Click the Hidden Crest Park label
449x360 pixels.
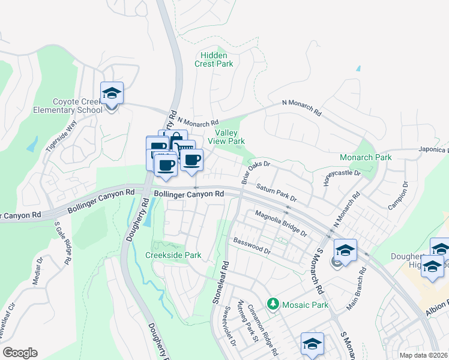click(214, 58)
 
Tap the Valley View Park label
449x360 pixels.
click(226, 137)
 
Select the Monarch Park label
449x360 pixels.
click(366, 157)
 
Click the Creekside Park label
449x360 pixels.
click(173, 255)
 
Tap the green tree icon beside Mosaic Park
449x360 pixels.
click(274, 305)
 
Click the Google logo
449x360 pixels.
click(20, 353)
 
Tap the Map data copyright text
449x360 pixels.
click(424, 355)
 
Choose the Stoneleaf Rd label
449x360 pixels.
click(220, 282)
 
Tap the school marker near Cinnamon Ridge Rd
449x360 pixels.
click(312, 344)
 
